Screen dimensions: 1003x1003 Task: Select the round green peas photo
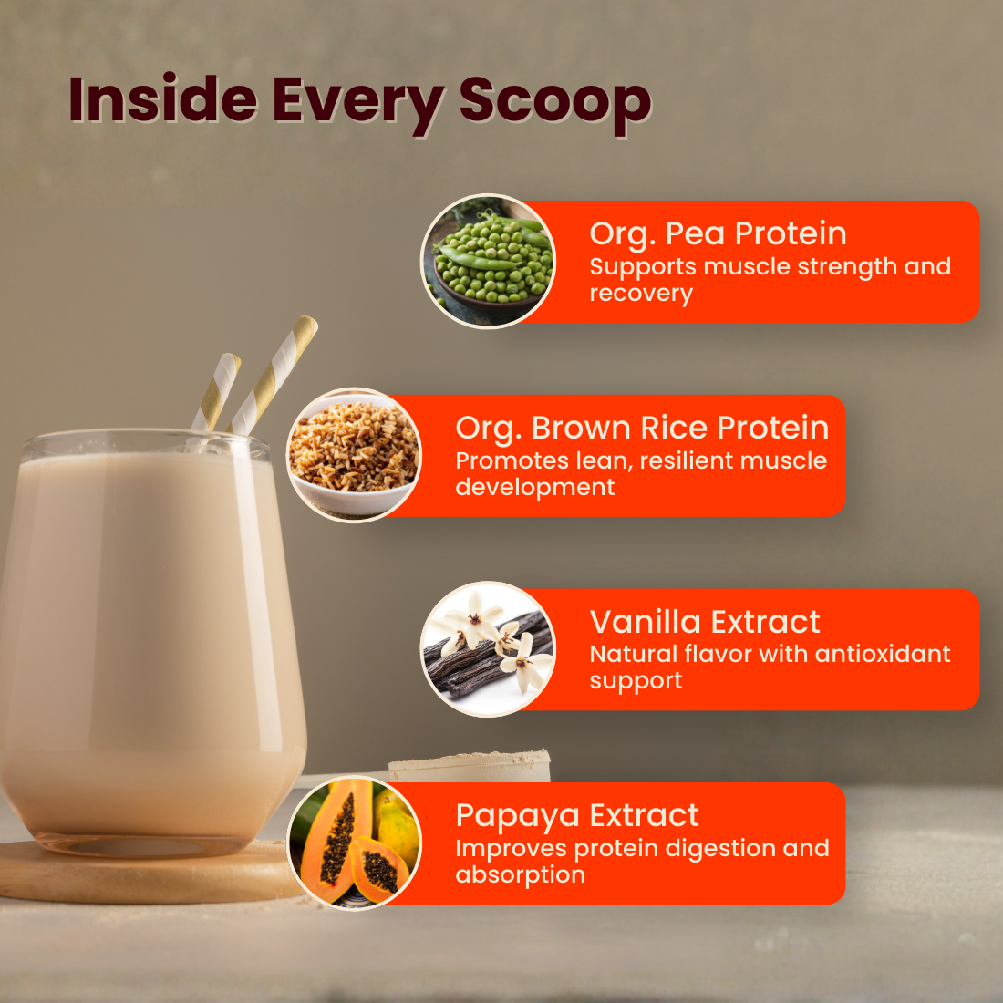(489, 261)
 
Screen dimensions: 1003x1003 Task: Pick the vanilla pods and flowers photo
(489, 649)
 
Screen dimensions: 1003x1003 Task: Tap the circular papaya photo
(355, 843)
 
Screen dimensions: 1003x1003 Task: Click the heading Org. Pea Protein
(718, 233)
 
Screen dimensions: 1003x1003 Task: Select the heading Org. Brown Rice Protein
(642, 428)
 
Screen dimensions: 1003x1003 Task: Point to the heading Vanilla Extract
(705, 622)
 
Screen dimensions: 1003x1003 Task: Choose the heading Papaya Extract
(577, 815)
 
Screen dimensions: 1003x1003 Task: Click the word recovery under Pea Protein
(641, 294)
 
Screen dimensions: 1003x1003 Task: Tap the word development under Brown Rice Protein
(534, 488)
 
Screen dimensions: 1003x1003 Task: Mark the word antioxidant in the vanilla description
(883, 654)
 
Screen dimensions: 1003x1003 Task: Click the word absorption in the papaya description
(520, 874)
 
